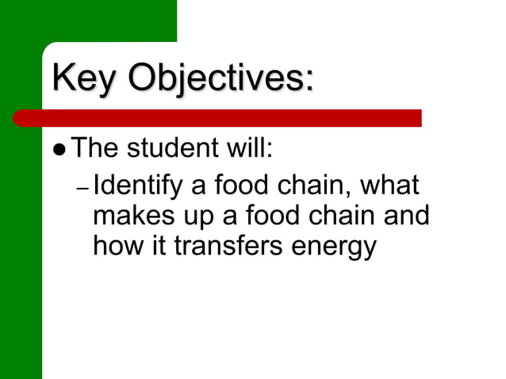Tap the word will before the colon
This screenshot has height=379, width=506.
point(250,147)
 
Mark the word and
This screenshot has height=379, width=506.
point(408,216)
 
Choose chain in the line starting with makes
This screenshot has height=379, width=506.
point(341,216)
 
